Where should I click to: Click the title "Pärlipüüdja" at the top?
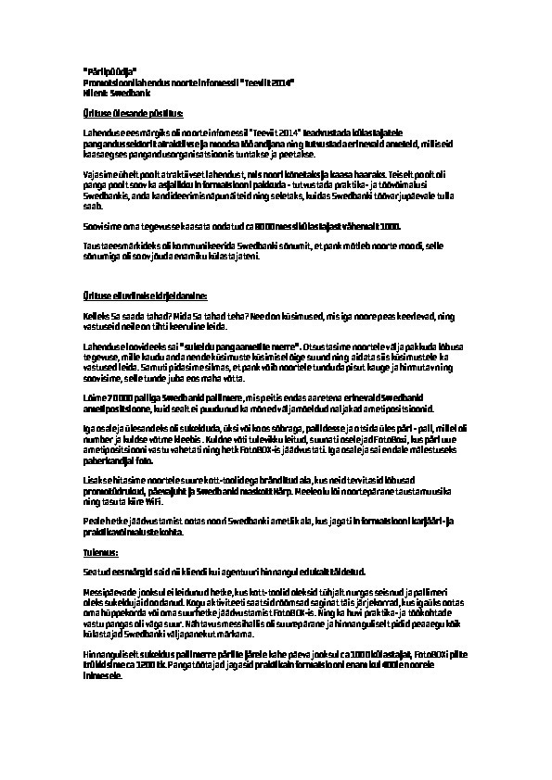pyautogui.click(x=109, y=72)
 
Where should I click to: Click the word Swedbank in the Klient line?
pyautogui.click(x=126, y=94)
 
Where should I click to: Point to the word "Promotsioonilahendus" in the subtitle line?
pyautogui.click(x=123, y=83)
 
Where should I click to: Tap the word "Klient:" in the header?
pyautogui.click(x=96, y=94)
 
